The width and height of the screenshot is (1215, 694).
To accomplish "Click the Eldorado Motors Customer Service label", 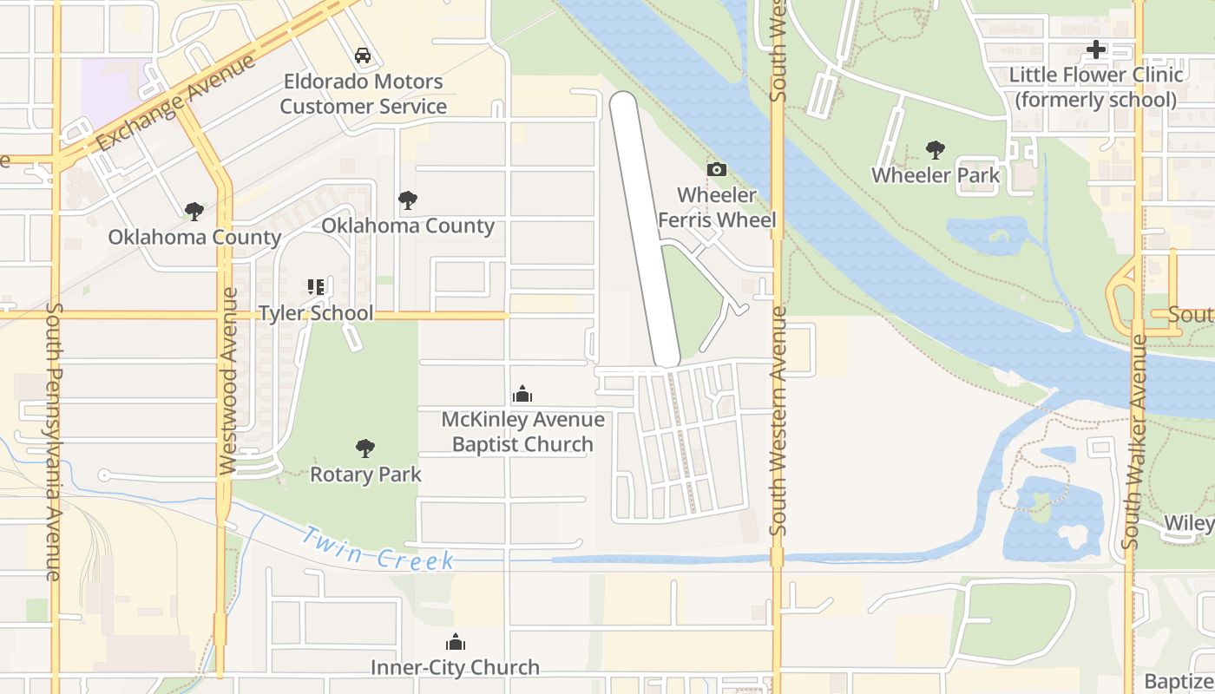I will (x=363, y=95).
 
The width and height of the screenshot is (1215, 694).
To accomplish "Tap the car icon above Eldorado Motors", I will (x=363, y=56).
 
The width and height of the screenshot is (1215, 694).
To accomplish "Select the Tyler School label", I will (x=316, y=313).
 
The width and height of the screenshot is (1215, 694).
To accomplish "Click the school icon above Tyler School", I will (x=316, y=286).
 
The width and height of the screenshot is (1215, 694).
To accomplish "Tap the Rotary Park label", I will (x=365, y=475).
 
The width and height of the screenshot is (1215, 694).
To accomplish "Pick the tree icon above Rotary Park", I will (x=365, y=448).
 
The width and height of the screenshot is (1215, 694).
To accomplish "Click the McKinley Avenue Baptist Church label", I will (x=522, y=432).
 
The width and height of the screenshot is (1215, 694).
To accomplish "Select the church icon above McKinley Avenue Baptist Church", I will (x=522, y=395).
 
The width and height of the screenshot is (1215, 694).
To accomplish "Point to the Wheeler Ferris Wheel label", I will (x=717, y=207).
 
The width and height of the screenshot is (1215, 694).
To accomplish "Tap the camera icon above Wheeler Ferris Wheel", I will (x=717, y=169).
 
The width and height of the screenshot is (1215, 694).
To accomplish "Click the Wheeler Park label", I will (x=936, y=175).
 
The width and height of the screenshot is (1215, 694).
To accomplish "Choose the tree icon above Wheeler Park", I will (x=936, y=149).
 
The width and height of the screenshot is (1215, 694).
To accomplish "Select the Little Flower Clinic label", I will (x=1096, y=87).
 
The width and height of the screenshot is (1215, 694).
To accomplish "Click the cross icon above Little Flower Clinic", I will (x=1096, y=49).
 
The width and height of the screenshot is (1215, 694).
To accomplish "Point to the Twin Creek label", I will (x=378, y=548).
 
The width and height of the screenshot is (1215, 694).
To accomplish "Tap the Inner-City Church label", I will (x=455, y=667).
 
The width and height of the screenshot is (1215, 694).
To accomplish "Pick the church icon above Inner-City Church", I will (x=455, y=642).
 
